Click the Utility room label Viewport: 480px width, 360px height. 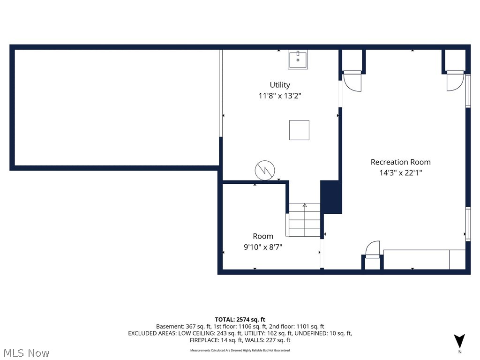(x=280, y=85)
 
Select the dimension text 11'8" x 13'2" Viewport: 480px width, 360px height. (x=280, y=96)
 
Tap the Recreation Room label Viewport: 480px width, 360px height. (x=400, y=162)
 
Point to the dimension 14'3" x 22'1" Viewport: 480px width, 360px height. (x=400, y=173)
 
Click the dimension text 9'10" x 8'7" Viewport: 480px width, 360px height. (x=263, y=247)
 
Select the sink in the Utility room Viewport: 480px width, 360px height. (x=298, y=60)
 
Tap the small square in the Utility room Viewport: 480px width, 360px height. (x=299, y=130)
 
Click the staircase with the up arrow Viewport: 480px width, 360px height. (x=304, y=219)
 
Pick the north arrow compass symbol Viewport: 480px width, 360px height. (x=459, y=341)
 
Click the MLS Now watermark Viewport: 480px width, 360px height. (x=26, y=352)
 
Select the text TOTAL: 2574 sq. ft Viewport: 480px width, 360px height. (x=240, y=319)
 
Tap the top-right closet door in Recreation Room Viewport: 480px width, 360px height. (x=455, y=81)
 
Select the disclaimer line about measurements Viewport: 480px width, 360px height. (x=240, y=350)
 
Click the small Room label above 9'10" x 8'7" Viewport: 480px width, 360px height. (x=263, y=236)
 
